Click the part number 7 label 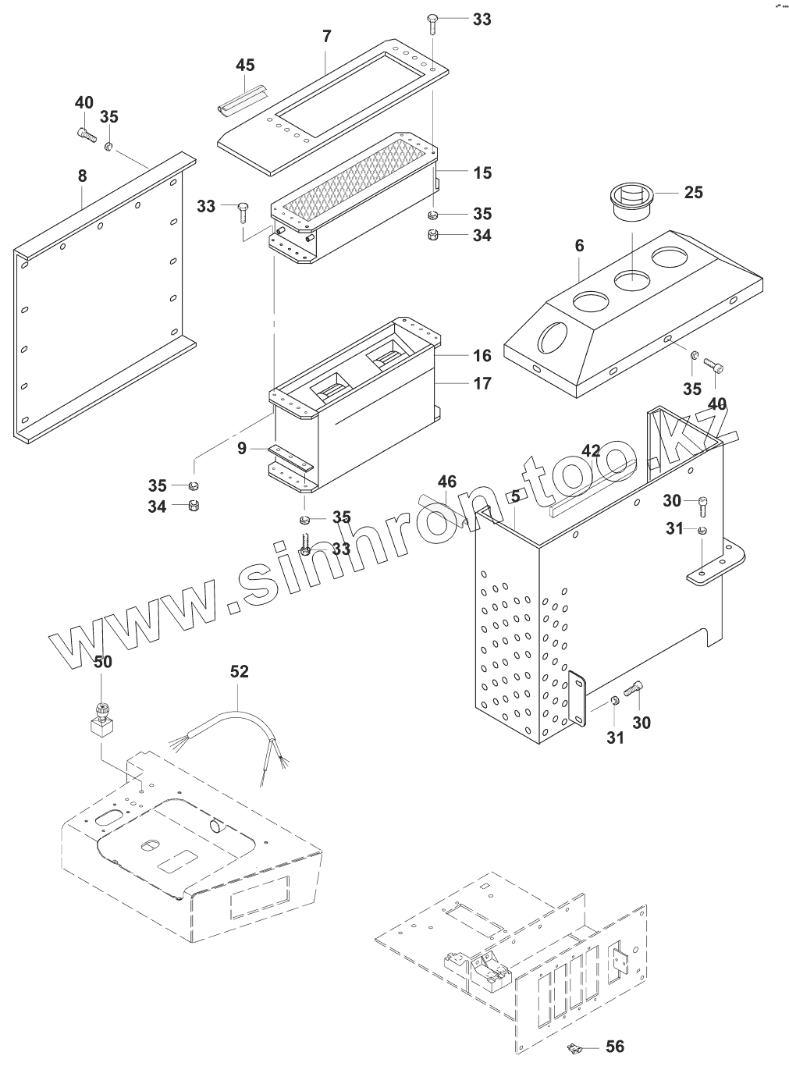326,37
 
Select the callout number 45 246,65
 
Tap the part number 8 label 83,176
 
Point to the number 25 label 693,192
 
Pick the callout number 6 579,244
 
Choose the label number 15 482,172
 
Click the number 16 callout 482,356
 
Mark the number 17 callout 482,383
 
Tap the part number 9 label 242,449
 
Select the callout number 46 446,482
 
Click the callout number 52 239,671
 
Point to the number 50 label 103,662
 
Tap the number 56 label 615,1047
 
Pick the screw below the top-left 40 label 85,134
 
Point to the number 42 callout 592,450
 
